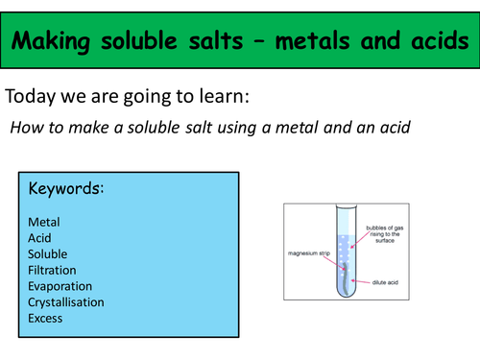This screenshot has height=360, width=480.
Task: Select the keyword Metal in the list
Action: tap(45, 223)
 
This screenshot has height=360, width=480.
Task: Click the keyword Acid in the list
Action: tap(41, 238)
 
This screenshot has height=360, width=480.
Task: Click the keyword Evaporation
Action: tap(60, 286)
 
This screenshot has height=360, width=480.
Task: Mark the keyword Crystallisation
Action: tap(66, 301)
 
